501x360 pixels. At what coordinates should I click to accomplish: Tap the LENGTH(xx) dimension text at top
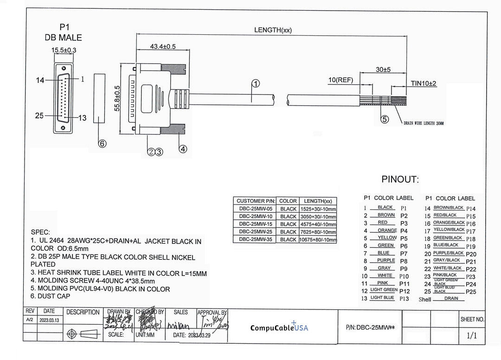point(273,30)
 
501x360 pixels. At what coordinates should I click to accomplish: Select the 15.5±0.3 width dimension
point(64,50)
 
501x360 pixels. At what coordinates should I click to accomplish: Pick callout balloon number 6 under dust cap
point(102,143)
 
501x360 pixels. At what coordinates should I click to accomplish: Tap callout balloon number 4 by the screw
point(183,149)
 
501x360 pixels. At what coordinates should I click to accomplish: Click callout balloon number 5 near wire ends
point(385,120)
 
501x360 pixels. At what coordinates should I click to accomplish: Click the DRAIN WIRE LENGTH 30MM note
point(424,123)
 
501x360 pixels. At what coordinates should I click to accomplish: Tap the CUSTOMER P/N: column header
point(256,201)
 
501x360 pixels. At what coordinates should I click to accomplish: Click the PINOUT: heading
point(400,180)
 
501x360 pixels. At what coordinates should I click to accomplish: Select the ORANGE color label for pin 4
point(386,230)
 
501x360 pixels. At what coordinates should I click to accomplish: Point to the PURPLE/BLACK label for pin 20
point(448,253)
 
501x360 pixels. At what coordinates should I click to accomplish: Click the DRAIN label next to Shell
point(451,298)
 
